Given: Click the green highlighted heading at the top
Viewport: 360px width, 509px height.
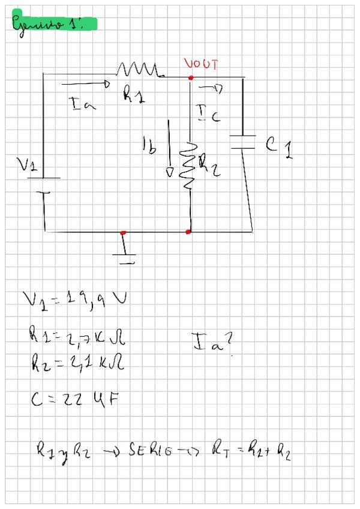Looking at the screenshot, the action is coord(53,23).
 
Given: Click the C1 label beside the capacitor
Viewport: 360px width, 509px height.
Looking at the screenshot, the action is coord(280,146).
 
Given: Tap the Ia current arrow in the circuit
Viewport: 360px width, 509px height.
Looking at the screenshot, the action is coord(85,84).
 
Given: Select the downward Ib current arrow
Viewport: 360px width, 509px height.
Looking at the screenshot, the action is coord(170,148).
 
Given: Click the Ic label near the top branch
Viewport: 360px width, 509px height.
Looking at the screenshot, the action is coord(207,113).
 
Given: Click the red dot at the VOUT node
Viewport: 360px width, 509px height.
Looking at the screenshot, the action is coord(191,78).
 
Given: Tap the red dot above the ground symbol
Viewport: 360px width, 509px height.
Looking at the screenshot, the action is coord(123,232).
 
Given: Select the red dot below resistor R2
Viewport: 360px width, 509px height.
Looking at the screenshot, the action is coord(188,232).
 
